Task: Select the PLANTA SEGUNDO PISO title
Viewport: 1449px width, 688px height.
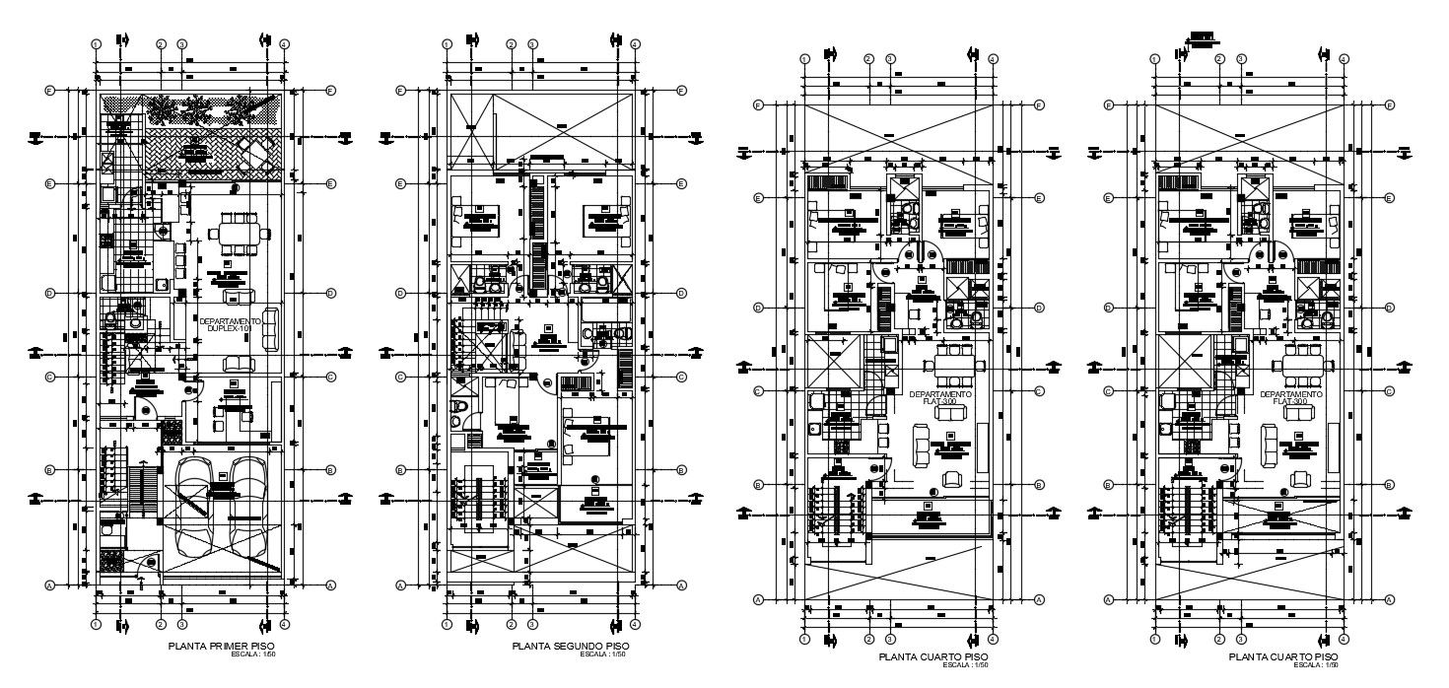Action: (571, 646)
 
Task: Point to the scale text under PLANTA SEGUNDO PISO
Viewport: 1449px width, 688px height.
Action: (602, 654)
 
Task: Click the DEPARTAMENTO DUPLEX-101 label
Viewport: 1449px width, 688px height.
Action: (230, 324)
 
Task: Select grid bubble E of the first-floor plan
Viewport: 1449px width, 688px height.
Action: (49, 184)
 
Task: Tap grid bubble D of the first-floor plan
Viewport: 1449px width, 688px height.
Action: (49, 294)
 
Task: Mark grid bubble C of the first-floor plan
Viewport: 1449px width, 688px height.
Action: (49, 377)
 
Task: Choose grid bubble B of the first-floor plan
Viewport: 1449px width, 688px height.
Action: (49, 470)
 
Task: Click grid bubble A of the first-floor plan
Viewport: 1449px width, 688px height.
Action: (49, 585)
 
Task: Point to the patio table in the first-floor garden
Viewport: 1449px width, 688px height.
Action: (255, 152)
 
